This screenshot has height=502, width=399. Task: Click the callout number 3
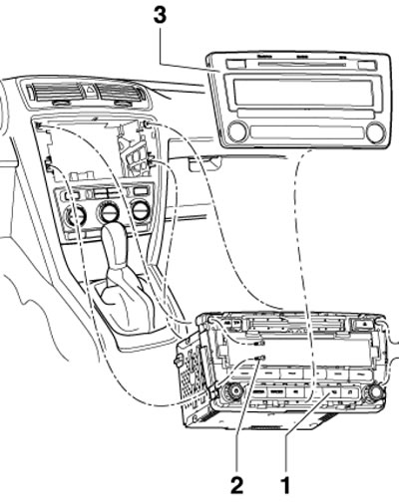pos(160,15)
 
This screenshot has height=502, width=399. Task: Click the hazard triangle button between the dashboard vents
pos(89,90)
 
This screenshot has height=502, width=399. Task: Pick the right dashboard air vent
pos(121,93)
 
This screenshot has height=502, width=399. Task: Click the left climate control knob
pos(74,216)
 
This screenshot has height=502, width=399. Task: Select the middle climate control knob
pos(108,212)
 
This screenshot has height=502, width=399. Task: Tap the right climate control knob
pos(142,210)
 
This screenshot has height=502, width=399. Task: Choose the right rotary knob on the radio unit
pos(373,390)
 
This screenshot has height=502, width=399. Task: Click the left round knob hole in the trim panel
pos(238,130)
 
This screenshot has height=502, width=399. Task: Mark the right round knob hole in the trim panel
pos(375,131)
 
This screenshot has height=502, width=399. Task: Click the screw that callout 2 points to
pos(259,359)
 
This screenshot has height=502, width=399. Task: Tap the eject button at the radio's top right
pos(361,323)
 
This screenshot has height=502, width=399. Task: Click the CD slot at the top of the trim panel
pos(302,64)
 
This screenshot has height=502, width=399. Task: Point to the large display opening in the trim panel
pos(302,93)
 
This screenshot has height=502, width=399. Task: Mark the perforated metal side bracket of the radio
pos(195,372)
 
